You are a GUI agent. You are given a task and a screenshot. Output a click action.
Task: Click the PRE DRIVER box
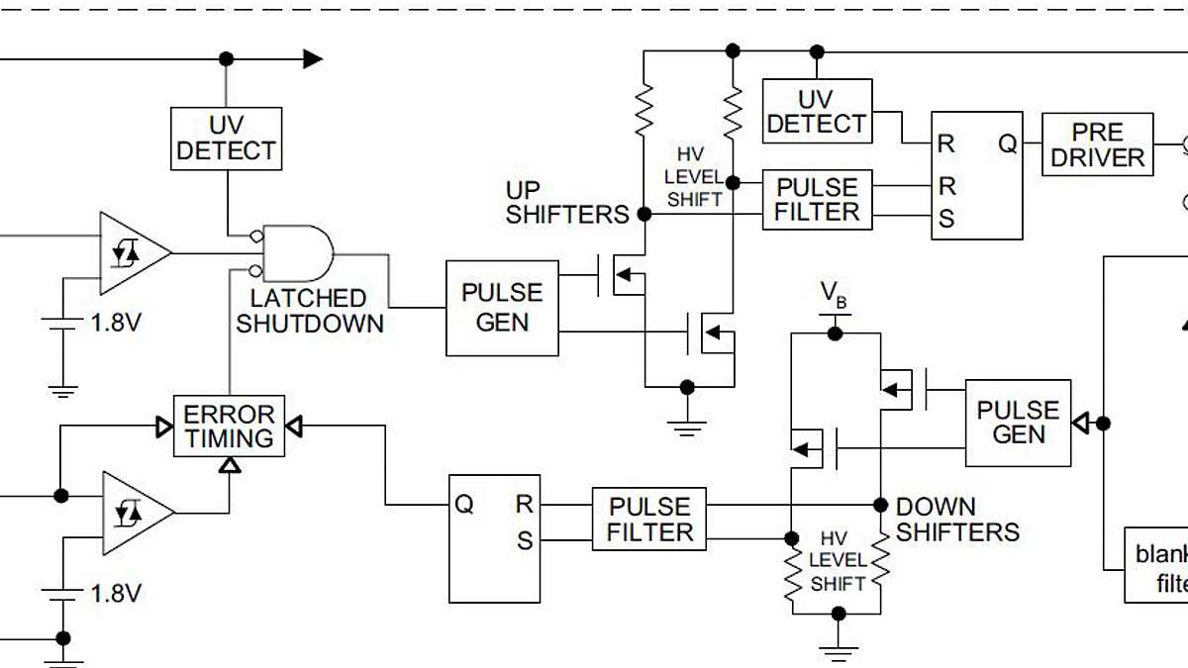[1097, 144]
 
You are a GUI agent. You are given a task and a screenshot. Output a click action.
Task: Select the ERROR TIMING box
[229, 427]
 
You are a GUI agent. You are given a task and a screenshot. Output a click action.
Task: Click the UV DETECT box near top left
[227, 139]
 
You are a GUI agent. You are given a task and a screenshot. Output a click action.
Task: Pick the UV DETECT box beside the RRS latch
[817, 111]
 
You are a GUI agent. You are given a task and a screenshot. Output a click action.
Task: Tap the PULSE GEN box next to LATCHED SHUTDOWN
[502, 308]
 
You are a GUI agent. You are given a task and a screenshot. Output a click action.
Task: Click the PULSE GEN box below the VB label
[1018, 423]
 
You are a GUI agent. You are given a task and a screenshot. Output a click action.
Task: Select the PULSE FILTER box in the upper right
[817, 200]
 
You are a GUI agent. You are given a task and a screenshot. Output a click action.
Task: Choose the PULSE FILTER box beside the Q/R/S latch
[649, 519]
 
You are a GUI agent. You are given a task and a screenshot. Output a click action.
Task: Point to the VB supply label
[834, 294]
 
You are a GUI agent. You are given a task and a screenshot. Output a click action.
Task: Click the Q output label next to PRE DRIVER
[1007, 143]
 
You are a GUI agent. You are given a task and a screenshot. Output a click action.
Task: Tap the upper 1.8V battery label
[116, 323]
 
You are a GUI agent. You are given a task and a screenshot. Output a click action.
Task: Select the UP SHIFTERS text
[566, 202]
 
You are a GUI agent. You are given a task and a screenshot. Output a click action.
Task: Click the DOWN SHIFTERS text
[956, 520]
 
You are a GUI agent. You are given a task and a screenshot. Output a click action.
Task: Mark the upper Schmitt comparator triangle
[131, 252]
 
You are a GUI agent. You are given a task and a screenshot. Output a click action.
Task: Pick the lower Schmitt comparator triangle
[134, 513]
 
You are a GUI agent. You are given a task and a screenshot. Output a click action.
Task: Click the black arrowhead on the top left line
[312, 59]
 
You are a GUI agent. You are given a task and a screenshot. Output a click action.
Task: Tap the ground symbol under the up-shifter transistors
[686, 426]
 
